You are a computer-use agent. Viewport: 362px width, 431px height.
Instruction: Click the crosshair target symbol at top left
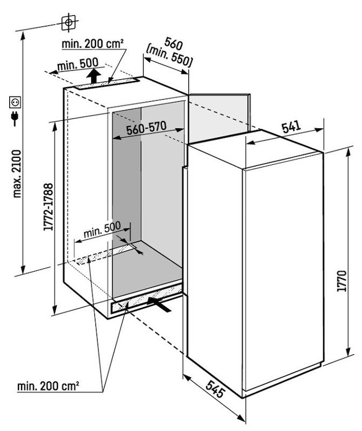tap(69, 22)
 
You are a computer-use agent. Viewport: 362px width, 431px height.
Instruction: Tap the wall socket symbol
tap(16, 102)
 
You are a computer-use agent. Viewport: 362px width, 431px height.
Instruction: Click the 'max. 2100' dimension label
tap(17, 173)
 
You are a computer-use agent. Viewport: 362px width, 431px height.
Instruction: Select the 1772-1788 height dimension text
tap(48, 207)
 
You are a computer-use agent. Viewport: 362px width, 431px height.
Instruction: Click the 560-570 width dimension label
tap(146, 128)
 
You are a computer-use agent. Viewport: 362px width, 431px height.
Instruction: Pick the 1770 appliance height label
tap(341, 281)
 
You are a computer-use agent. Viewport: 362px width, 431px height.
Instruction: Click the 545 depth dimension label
tap(214, 388)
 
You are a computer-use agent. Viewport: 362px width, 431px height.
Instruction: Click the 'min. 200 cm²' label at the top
tap(93, 44)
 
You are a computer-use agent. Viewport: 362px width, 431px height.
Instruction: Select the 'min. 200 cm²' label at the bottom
tap(48, 386)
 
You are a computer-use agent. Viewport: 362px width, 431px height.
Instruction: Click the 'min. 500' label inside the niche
tap(102, 230)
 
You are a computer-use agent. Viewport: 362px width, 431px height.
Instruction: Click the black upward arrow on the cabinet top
tap(94, 76)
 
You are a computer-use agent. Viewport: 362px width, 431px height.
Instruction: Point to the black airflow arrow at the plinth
tap(159, 304)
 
